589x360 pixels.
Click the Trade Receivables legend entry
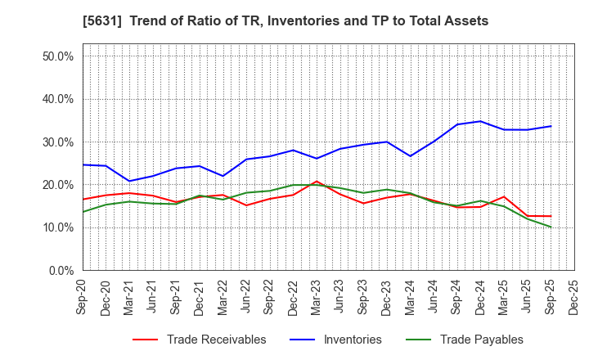point(216,340)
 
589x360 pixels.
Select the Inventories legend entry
point(352,340)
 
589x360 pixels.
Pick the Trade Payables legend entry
point(481,340)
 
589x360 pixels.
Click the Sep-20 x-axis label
point(83,295)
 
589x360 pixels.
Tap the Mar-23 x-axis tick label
point(317,295)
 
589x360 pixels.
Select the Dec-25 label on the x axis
point(573,295)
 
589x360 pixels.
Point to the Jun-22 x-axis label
point(246,295)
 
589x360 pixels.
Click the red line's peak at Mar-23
point(317,182)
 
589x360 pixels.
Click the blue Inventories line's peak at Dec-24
point(480,121)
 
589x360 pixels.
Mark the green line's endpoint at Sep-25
point(551,227)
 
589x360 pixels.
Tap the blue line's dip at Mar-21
point(129,181)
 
